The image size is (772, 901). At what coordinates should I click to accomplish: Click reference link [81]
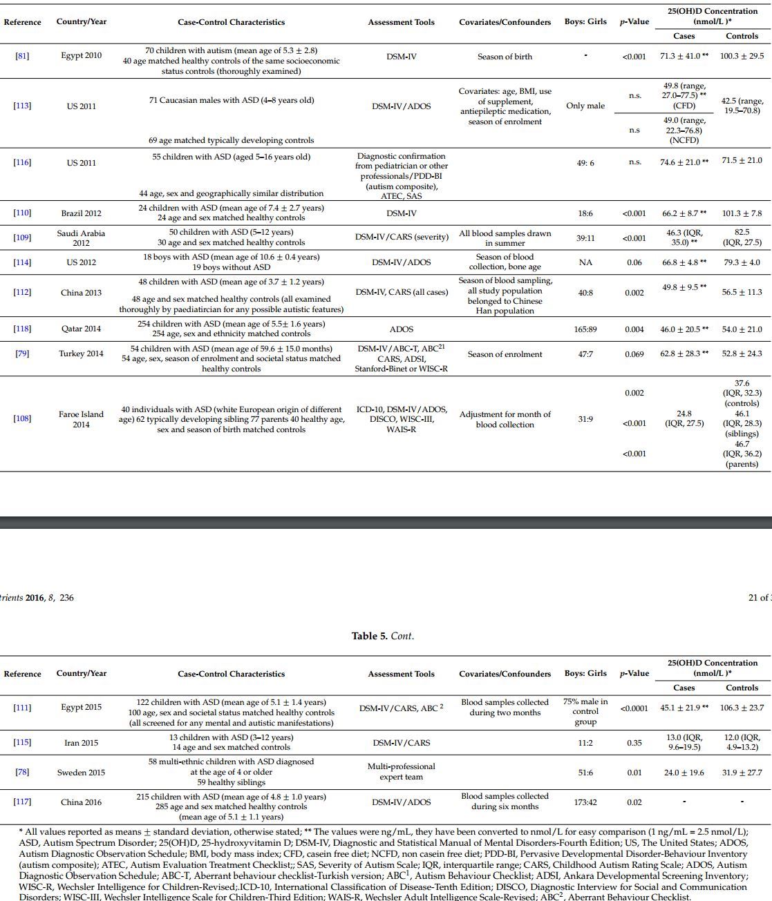22,56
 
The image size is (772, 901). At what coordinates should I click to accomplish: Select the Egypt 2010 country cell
81,56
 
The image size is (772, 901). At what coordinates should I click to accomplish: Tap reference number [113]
22,106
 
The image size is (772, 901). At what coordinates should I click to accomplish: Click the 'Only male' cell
585,106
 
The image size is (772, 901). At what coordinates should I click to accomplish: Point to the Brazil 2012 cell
81,213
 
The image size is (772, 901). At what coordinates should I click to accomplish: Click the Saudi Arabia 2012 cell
81,238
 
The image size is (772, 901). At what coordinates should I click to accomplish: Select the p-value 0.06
634,262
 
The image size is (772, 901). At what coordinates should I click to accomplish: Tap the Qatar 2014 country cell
81,329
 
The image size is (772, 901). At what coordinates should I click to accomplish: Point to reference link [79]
22,354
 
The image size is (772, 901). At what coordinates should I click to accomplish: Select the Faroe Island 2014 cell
81,419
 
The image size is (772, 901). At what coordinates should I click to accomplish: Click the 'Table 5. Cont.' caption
382,636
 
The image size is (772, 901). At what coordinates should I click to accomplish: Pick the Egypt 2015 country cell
81,708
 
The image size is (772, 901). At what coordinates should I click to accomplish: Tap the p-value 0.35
634,743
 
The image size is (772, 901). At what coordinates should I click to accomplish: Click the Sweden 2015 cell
81,773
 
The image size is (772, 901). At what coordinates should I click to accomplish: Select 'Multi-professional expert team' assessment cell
401,772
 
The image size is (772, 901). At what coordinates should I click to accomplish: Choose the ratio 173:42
585,802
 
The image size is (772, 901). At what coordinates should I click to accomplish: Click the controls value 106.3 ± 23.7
742,708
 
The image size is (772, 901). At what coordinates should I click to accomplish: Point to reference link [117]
22,802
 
